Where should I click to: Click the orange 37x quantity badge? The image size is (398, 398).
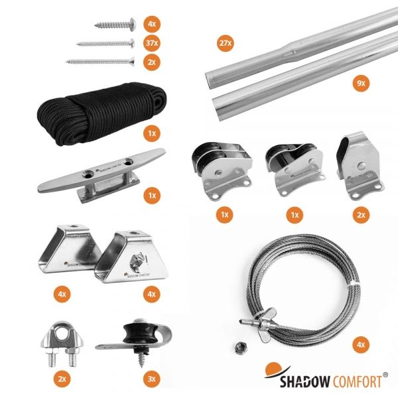152,44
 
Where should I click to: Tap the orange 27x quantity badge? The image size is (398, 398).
225,43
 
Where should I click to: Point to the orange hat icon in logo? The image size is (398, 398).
273,370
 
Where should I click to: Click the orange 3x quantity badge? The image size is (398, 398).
152,380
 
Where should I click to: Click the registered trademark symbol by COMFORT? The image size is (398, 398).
385,375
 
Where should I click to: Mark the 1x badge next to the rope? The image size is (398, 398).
152,133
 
